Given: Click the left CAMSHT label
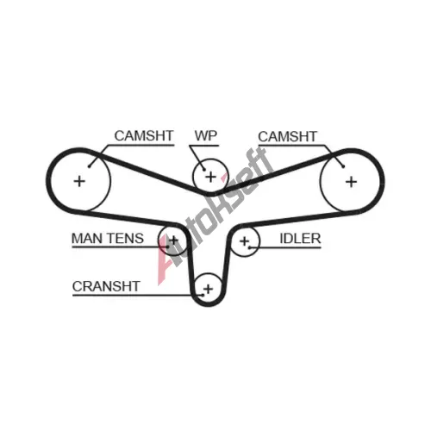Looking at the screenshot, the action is [x=144, y=135].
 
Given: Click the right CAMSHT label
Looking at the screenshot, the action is [x=287, y=136].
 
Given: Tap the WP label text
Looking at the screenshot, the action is [x=206, y=135].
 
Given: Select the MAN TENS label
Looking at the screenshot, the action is [x=108, y=239].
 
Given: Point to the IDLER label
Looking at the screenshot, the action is [x=300, y=239].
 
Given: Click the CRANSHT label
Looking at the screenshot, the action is [x=106, y=286].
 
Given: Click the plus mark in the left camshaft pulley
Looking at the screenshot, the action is [x=79, y=181].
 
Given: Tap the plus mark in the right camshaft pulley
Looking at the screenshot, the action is [x=351, y=182].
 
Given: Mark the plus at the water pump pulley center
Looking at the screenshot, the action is [x=211, y=177].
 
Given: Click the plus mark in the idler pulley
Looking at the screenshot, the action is [x=245, y=240].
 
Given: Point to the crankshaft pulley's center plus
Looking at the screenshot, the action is [x=209, y=289].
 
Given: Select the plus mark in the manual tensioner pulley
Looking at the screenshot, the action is [x=173, y=240].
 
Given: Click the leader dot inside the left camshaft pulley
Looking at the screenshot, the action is [x=89, y=166].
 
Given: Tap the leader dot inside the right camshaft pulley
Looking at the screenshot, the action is [x=343, y=166].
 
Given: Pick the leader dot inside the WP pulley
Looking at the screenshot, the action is [x=204, y=170].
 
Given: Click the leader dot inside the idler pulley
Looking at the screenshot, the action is [x=250, y=247].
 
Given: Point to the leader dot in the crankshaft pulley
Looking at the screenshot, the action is [x=203, y=295].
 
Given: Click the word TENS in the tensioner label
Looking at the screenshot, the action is [x=125, y=239].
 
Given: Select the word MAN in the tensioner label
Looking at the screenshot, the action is [x=87, y=239].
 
